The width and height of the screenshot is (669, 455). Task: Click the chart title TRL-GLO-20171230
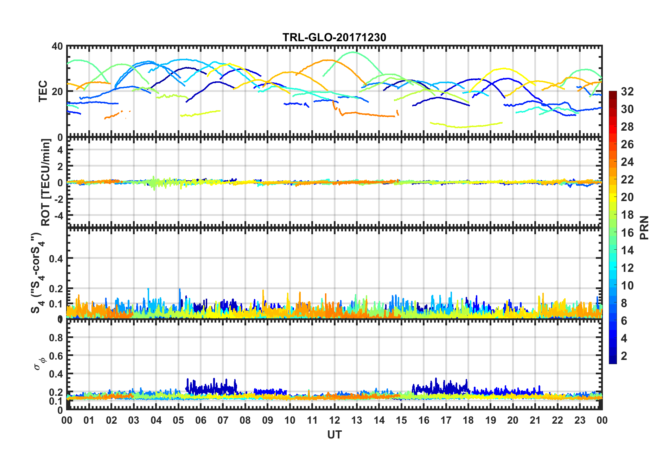(334, 37)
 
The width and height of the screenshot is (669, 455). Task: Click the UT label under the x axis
(334, 435)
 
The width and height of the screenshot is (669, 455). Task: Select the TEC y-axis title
(43, 91)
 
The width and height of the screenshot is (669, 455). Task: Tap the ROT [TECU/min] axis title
(46, 182)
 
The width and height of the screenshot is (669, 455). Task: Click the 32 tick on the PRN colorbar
(627, 92)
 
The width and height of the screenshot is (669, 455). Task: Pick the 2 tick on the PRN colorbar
(624, 356)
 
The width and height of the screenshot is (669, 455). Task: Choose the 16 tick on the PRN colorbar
(627, 232)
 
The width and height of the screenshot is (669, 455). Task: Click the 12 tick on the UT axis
(334, 420)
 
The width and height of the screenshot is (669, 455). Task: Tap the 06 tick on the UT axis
(201, 420)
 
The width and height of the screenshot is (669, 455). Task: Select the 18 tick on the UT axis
(468, 420)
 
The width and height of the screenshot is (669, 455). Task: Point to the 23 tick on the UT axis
(580, 420)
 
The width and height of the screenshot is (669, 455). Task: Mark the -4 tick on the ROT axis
(59, 215)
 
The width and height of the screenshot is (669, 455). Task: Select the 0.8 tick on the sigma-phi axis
(56, 337)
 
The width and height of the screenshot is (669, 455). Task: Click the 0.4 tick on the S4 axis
(56, 258)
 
